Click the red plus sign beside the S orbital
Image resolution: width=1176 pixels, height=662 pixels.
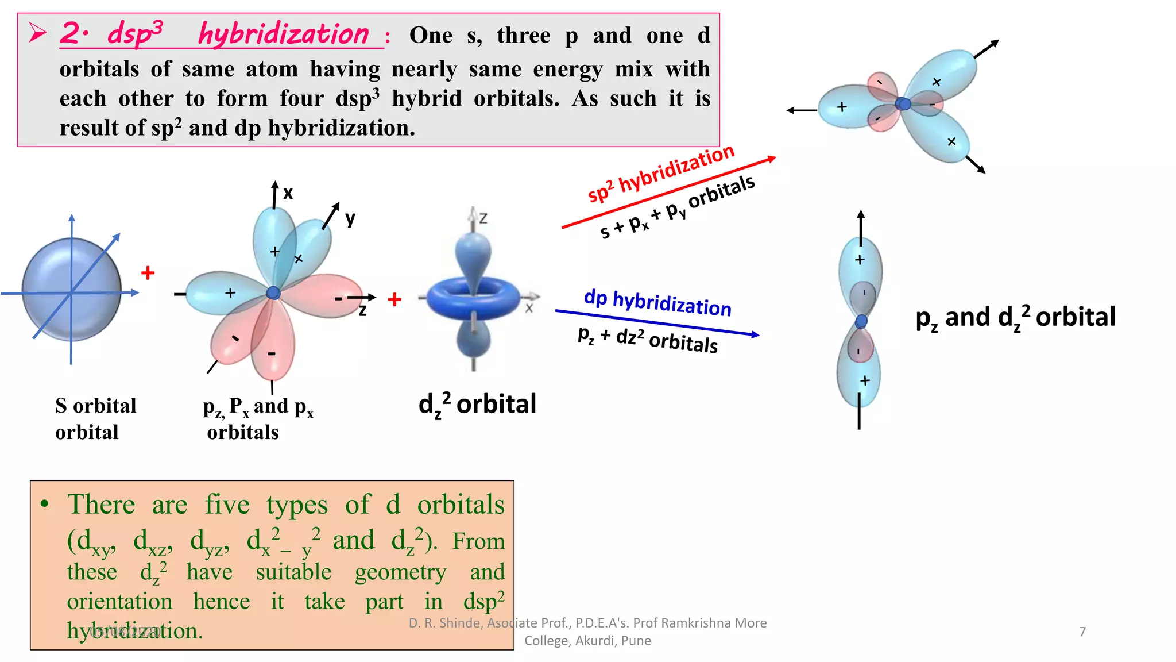148,272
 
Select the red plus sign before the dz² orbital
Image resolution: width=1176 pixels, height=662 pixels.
394,299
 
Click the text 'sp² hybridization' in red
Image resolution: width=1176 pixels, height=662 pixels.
660,173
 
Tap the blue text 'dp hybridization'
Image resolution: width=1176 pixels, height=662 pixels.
657,303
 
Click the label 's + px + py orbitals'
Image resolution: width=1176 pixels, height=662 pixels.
678,207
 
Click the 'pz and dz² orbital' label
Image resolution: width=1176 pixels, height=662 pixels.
1015,317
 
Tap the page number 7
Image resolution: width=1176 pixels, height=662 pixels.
1082,632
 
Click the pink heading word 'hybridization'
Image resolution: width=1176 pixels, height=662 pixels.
284,34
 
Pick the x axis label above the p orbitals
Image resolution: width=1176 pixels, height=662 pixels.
288,193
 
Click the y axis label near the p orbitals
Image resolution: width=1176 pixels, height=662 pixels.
350,218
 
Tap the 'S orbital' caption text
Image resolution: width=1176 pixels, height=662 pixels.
95,406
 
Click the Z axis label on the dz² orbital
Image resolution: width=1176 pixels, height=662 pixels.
483,218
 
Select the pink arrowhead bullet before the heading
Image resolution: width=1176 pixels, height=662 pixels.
37,33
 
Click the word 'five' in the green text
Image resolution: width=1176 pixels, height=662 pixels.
227,505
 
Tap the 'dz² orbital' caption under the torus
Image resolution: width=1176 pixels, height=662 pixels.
477,405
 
